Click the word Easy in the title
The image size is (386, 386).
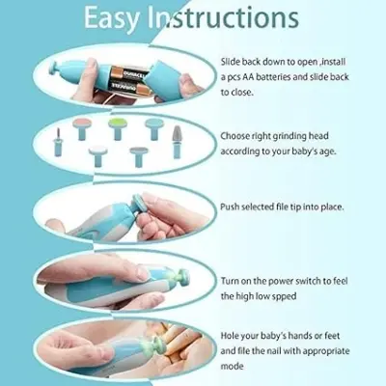(x=111, y=17)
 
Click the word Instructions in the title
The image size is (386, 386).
(x=223, y=16)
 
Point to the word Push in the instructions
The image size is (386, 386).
(x=230, y=207)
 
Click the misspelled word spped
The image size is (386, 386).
(x=284, y=296)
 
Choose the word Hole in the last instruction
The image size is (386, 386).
(x=229, y=336)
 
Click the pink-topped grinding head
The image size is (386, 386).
(x=82, y=128)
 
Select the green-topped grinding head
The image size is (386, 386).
(x=118, y=128)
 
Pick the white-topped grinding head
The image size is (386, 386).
(x=98, y=155)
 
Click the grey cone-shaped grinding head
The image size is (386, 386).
(x=177, y=142)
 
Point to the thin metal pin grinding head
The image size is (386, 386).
(x=58, y=142)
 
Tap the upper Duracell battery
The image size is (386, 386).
(x=128, y=72)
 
